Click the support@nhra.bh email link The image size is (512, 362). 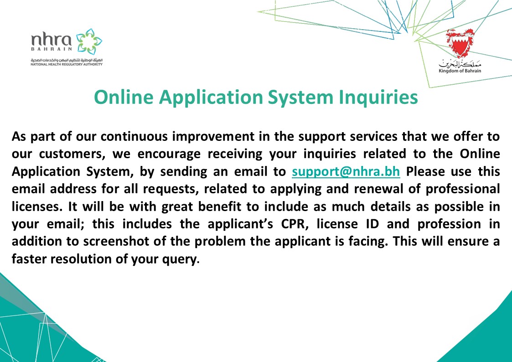coord(346,171)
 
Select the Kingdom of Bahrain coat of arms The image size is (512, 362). coord(459,44)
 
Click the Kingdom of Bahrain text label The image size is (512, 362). coord(460,71)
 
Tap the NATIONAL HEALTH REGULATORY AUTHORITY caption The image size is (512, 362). coord(67,64)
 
